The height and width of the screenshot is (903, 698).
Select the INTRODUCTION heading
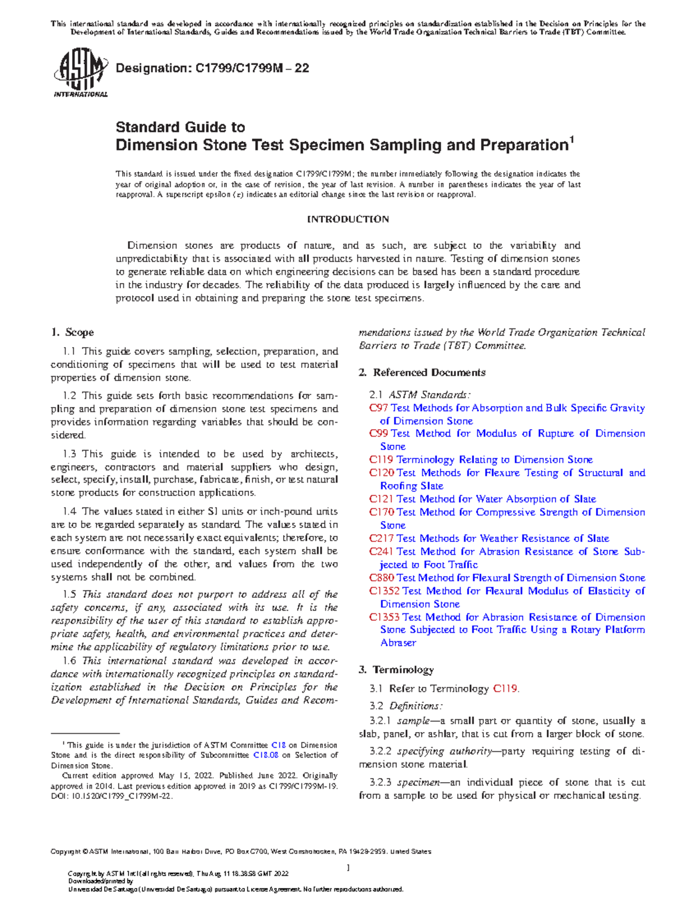pos(348,219)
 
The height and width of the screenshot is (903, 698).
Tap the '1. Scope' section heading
pos(72,333)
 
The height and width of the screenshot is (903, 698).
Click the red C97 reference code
pos(379,408)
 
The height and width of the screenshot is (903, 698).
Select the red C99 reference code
pos(379,434)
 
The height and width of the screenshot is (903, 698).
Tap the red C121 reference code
pos(381,499)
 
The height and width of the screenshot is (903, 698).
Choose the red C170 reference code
pos(381,512)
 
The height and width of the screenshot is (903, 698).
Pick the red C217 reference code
pos(381,538)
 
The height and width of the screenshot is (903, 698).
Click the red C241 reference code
pos(381,551)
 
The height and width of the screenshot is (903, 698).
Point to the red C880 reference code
pos(381,578)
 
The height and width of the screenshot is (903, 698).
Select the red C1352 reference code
pos(384,591)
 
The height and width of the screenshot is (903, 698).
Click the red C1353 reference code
pos(384,617)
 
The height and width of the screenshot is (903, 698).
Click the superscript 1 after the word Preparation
pos(572,140)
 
